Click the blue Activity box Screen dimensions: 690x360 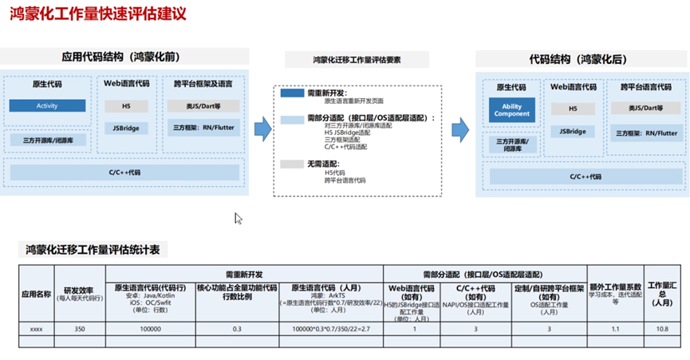click(47, 106)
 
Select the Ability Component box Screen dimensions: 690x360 click(511, 109)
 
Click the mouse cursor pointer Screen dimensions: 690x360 click(238, 218)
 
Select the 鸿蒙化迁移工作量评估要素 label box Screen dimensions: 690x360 click(357, 60)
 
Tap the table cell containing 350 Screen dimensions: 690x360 click(79, 328)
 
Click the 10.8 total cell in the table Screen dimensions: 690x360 click(661, 328)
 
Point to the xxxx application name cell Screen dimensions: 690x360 click(36, 328)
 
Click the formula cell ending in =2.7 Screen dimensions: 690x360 click(331, 328)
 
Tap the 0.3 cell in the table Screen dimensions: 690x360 click(236, 328)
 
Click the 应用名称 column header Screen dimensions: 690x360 click(36, 293)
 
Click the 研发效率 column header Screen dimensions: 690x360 click(79, 290)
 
